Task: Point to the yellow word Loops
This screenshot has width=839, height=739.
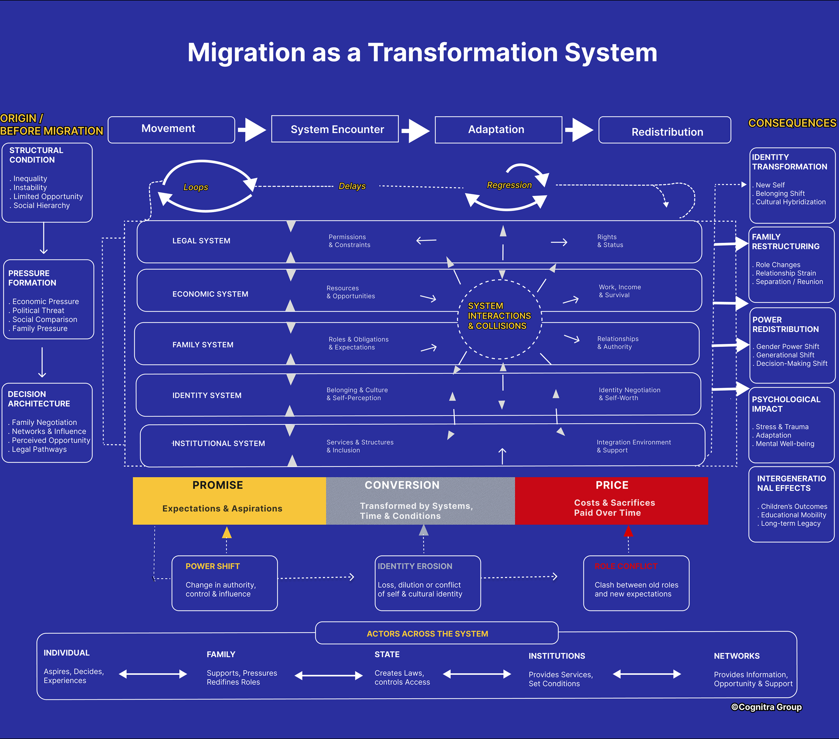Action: point(195,187)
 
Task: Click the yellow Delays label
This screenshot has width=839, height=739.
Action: point(352,186)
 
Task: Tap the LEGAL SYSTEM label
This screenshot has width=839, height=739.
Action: point(201,241)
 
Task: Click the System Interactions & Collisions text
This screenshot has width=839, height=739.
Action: point(499,316)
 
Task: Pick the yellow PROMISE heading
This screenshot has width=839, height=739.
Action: point(217,485)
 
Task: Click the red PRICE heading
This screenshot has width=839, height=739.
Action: point(611,485)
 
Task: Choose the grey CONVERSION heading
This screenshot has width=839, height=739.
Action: point(402,485)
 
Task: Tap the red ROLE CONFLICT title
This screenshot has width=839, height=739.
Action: point(626,566)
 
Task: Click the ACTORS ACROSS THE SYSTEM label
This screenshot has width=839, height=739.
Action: point(427,634)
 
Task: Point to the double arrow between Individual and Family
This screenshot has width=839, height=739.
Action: point(153,674)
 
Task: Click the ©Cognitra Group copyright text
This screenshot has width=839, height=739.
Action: point(766,707)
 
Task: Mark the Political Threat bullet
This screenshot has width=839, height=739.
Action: point(38,311)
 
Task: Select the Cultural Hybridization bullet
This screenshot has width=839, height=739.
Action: point(790,202)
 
